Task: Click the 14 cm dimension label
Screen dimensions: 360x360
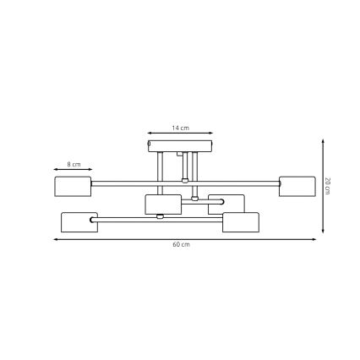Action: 180,128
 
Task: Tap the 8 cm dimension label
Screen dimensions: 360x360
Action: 74,164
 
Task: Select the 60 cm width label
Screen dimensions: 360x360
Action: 180,244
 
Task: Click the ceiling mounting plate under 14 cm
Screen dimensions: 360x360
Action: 180,145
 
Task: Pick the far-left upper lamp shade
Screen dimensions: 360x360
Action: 73,186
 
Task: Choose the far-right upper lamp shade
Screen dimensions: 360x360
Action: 297,186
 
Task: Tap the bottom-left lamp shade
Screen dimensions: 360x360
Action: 79,222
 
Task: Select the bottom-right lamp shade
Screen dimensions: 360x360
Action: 241,222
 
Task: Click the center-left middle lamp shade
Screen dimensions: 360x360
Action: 163,205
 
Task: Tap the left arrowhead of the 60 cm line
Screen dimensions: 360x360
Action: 56,238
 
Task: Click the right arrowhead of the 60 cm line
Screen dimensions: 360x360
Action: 314,238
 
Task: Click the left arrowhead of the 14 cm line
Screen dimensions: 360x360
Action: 149,133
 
